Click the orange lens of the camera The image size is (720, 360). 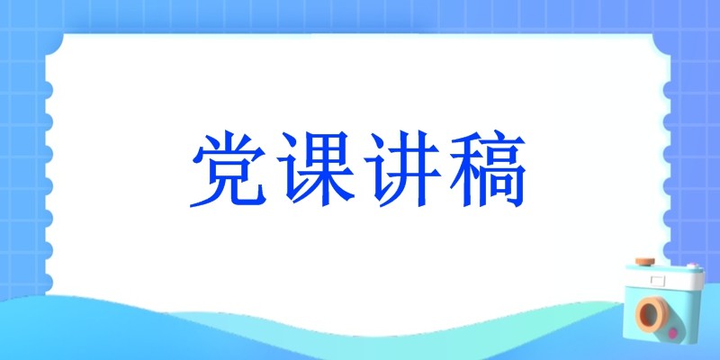(652, 313)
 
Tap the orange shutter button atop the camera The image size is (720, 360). (645, 262)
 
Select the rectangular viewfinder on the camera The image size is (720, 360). (658, 280)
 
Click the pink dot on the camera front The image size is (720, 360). (673, 332)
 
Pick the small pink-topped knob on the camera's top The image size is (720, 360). (692, 265)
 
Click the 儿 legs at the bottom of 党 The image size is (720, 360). (229, 191)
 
